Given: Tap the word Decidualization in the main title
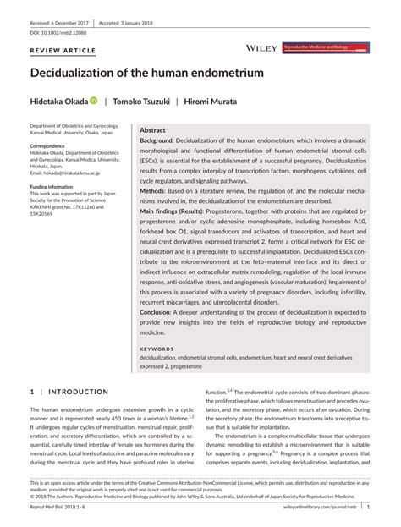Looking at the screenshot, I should [81, 74].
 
